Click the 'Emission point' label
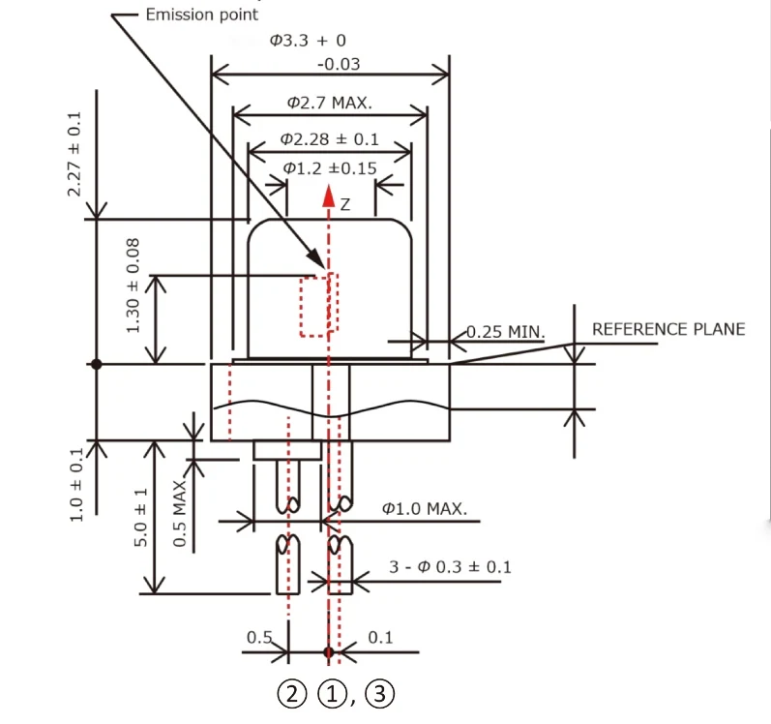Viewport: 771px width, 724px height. pos(201,15)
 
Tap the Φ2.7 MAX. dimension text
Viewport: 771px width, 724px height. pos(330,103)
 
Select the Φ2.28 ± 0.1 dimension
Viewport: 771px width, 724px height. pos(330,139)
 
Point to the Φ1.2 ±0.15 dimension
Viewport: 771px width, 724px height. pos(330,168)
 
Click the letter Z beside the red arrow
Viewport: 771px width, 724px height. pos(345,204)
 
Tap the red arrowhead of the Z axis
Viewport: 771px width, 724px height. pos(330,196)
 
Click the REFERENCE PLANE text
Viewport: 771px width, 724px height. pos(668,329)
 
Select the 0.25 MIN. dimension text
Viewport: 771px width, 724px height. pos(506,333)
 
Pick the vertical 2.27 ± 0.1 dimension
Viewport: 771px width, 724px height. pos(74,154)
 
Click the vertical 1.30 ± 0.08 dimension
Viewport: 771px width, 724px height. pos(133,287)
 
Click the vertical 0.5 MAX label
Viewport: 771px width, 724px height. pos(180,513)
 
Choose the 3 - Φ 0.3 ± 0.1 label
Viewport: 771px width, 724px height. pos(450,566)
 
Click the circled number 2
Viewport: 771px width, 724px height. pos(291,694)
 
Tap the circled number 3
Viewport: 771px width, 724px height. pos(381,694)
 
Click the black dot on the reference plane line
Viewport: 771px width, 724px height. pos(96,364)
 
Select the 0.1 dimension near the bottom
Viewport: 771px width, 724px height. pos(381,636)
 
